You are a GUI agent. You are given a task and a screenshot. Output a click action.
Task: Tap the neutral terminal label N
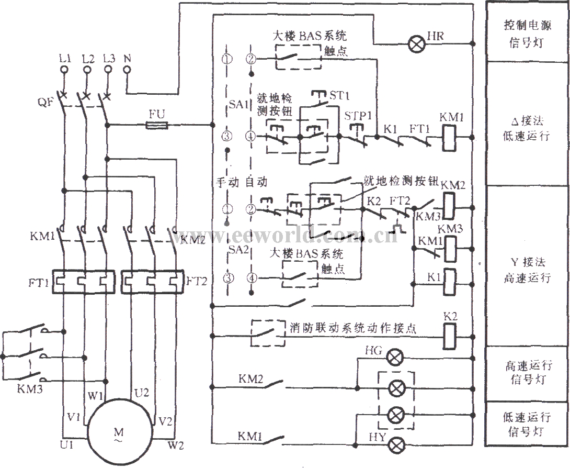click(126, 59)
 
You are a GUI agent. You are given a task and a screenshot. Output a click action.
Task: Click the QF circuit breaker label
click(45, 103)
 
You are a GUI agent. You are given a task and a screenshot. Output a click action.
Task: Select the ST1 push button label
click(339, 96)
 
